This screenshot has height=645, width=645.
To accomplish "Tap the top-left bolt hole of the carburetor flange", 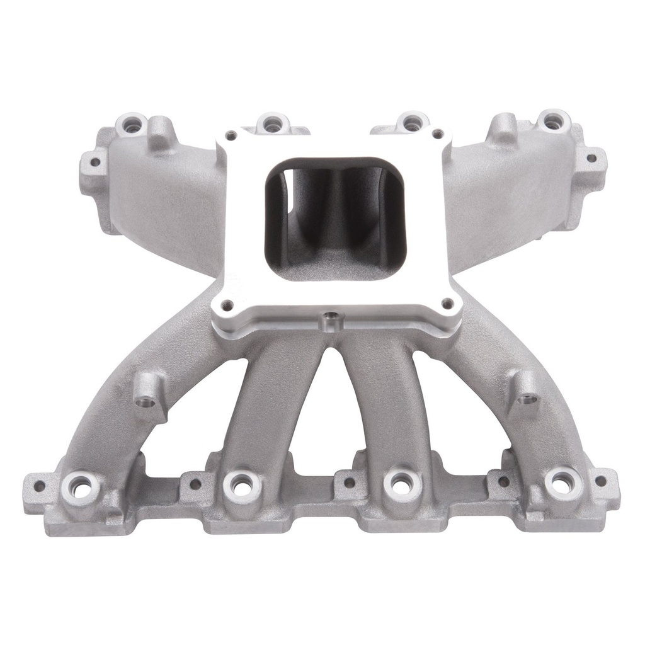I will (232, 134).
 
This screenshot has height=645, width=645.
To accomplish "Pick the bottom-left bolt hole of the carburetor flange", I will (228, 305).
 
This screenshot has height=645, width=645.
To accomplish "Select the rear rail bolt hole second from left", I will (273, 125).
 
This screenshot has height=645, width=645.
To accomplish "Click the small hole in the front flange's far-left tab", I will (39, 486).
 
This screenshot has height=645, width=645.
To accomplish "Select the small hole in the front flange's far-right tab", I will (600, 481).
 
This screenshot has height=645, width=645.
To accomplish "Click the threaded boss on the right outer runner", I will (528, 398).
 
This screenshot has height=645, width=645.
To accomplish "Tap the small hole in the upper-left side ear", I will (95, 162).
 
